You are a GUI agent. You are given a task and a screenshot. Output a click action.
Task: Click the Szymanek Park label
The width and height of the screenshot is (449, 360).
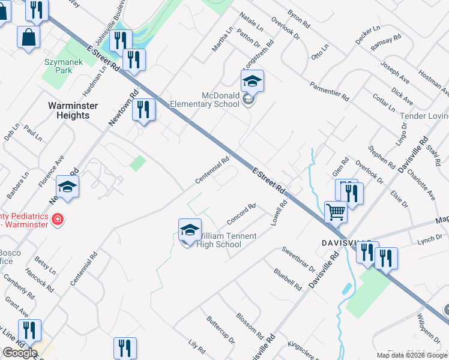[58, 66]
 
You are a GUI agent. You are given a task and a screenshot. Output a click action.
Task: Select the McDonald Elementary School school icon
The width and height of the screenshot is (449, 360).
[253, 81]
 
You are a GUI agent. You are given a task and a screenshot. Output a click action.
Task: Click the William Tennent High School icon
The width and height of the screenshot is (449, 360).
[189, 230]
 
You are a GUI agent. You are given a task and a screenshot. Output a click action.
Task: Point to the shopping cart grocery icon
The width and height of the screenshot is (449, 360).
[336, 211]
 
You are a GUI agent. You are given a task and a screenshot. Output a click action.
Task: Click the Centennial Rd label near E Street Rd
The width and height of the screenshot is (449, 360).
[212, 170]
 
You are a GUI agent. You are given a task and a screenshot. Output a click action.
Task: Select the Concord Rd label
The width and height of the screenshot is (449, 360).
[241, 214]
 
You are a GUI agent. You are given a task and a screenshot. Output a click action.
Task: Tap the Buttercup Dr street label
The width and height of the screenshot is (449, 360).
[220, 330]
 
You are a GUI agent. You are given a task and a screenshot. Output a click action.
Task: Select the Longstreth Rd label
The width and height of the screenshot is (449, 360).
[257, 54]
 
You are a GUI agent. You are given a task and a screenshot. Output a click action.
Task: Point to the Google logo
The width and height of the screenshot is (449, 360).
[20, 353]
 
